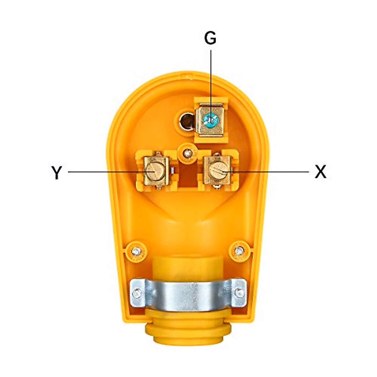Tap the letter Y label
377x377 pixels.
point(56,172)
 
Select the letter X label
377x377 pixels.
point(320,172)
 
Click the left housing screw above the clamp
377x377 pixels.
point(136,251)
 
